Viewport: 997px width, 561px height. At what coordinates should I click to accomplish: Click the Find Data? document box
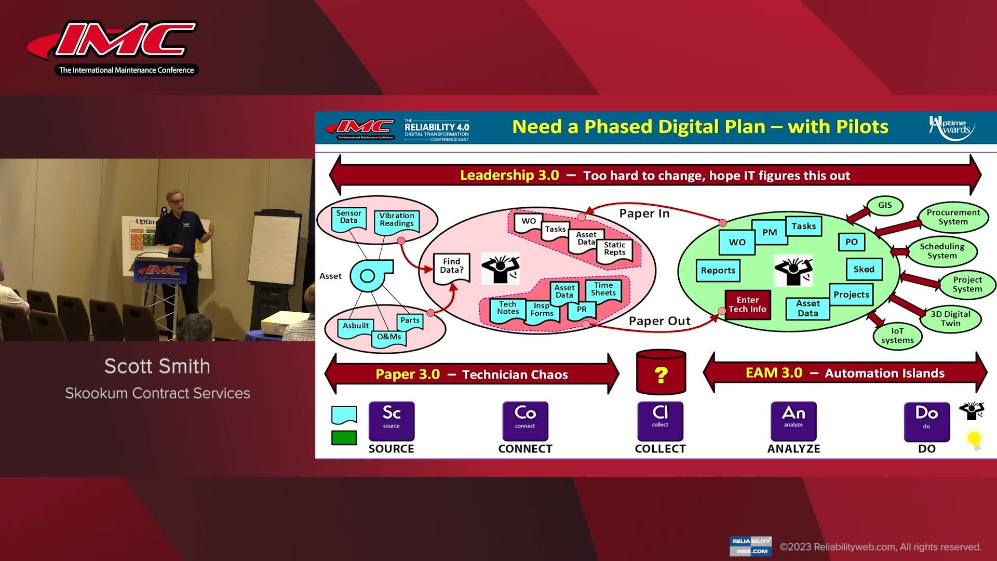(x=451, y=267)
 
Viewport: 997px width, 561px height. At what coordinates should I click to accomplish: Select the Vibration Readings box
(x=396, y=220)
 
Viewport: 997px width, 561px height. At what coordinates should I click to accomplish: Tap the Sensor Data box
(x=348, y=218)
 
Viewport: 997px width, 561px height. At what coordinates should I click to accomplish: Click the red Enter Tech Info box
(x=747, y=304)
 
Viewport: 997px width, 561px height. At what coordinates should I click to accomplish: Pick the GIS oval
(x=885, y=205)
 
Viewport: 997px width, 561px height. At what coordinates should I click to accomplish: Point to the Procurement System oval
(x=953, y=217)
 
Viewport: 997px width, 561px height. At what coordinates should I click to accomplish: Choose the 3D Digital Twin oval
(x=950, y=318)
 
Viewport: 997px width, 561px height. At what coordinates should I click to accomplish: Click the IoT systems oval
(x=897, y=336)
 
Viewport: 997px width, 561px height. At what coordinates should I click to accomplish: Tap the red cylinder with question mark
(x=661, y=372)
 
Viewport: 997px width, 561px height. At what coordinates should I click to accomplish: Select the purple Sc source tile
(x=392, y=421)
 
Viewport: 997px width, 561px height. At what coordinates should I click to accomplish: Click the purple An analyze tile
(x=793, y=421)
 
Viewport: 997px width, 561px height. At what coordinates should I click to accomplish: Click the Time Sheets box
(x=603, y=290)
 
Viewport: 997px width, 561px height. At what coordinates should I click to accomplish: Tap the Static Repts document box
(x=615, y=250)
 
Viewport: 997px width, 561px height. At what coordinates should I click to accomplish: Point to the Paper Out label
(x=659, y=321)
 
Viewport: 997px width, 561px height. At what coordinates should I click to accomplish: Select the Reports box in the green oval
(x=718, y=271)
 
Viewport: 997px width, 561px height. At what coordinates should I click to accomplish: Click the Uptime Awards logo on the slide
(x=951, y=128)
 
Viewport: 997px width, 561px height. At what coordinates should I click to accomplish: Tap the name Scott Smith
(x=157, y=366)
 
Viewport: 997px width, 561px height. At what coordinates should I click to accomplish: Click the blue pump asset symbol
(x=369, y=275)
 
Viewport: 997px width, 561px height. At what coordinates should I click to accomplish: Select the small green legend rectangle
(x=344, y=438)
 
